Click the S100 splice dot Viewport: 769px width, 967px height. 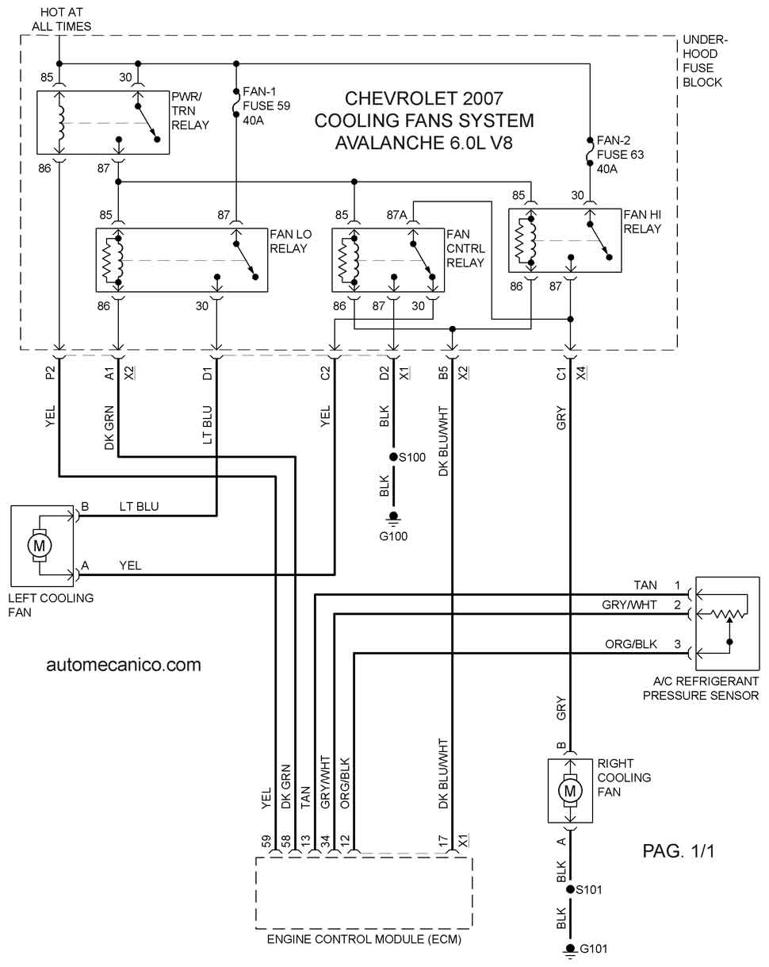pos(393,457)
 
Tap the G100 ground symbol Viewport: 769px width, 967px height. pos(393,519)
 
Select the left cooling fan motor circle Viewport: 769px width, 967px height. pos(40,546)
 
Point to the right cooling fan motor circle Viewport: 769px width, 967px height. pos(570,792)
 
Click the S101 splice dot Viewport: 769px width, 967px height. pos(571,889)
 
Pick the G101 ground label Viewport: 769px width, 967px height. pos(593,949)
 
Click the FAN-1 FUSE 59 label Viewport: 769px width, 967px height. pos(266,106)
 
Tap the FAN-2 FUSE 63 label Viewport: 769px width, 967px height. pos(620,155)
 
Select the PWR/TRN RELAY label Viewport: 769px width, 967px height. pos(190,110)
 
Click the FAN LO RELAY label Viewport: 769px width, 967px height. pos(291,241)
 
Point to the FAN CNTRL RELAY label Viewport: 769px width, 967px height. pos(466,248)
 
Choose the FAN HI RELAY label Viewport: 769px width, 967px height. pos(642,221)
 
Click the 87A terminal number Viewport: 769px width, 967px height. pos(396,215)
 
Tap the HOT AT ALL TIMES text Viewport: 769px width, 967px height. pos(62,19)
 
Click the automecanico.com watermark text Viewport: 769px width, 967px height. pos(124,665)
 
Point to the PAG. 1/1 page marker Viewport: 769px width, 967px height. pos(679,850)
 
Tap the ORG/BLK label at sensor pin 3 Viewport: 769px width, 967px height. pos(630,644)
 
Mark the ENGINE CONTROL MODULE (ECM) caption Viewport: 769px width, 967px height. pos(364,939)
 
